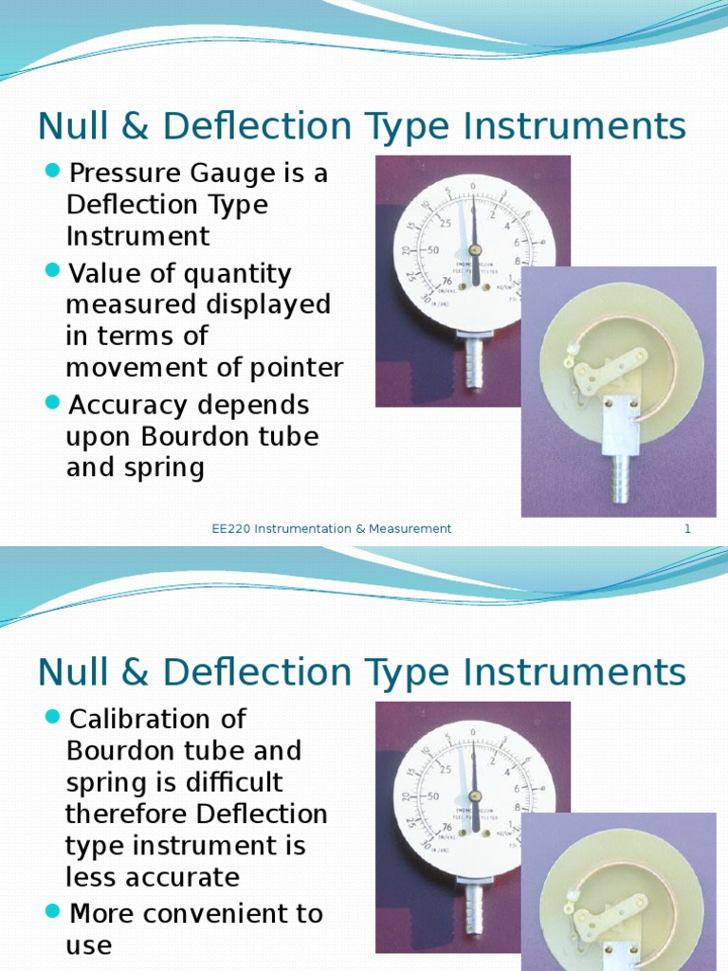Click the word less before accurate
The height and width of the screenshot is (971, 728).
tap(92, 877)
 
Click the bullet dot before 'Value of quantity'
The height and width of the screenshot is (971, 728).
tap(53, 272)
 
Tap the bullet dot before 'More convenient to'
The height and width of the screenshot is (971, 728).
tap(53, 912)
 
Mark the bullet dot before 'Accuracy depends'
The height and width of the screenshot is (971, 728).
tap(53, 404)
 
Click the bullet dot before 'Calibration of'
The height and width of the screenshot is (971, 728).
tap(53, 716)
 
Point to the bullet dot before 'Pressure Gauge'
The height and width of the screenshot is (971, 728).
tap(53, 172)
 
